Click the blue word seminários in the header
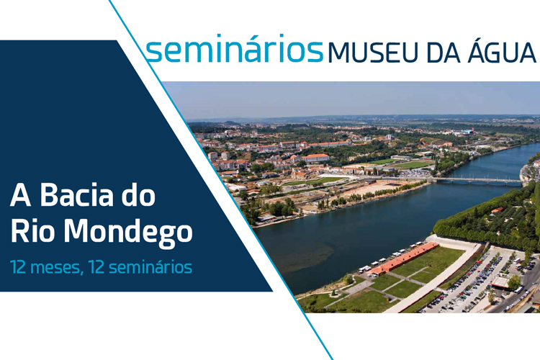234,48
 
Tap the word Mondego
127,233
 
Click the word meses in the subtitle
58,267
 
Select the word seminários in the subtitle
150,267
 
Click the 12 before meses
18,267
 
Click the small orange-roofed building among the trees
498,210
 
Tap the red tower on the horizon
473,130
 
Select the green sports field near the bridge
412,165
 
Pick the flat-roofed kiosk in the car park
500,282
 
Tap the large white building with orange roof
315,158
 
